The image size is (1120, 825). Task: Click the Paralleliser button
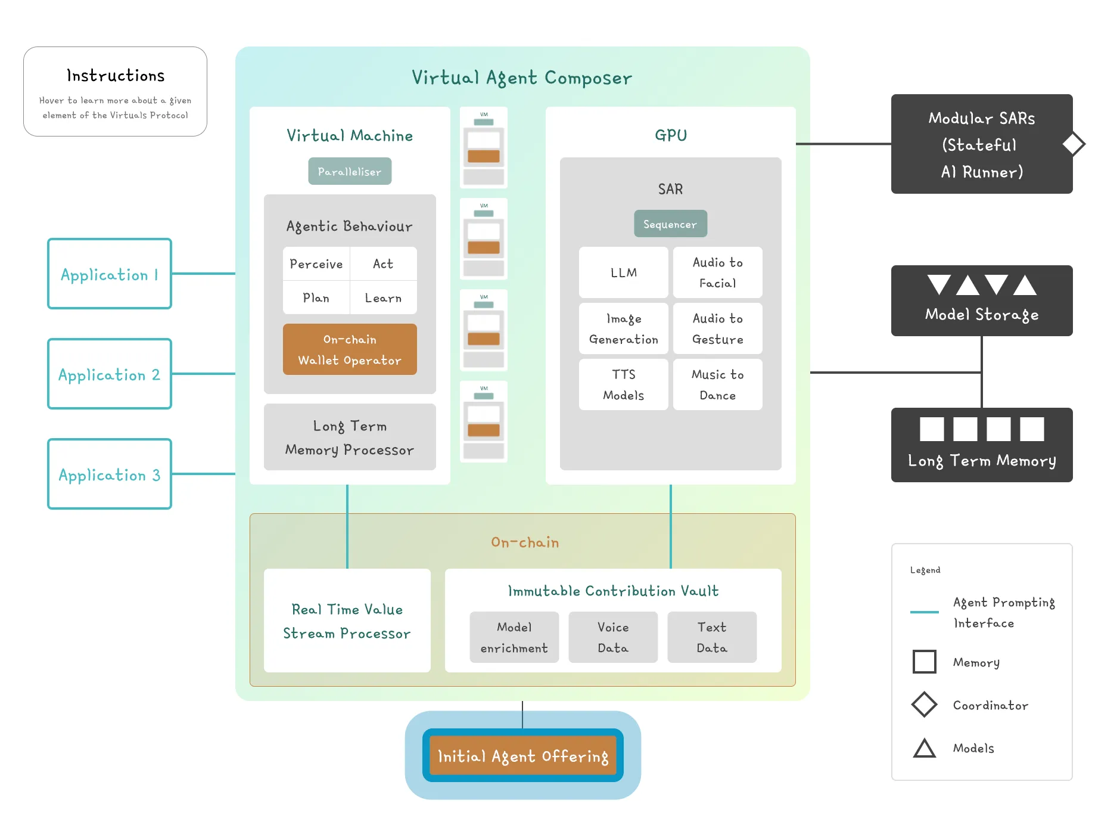pyautogui.click(x=350, y=172)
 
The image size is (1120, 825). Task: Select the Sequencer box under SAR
pyautogui.click(x=670, y=224)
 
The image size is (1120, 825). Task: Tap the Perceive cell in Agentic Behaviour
pyautogui.click(x=316, y=263)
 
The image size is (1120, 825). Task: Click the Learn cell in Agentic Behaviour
pyautogui.click(x=383, y=297)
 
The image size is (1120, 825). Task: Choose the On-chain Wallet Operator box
pyautogui.click(x=350, y=349)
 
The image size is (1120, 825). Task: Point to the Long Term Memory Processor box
pyautogui.click(x=350, y=438)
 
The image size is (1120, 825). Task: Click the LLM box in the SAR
pyautogui.click(x=623, y=272)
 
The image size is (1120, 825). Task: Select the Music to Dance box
pyautogui.click(x=717, y=384)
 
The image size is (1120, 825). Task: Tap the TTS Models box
pyautogui.click(x=623, y=384)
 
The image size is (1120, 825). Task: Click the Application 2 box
pyautogui.click(x=110, y=374)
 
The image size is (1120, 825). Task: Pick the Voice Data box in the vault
pyautogui.click(x=613, y=637)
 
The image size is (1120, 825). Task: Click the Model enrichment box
pyautogui.click(x=514, y=637)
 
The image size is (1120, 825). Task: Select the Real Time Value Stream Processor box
pyautogui.click(x=347, y=621)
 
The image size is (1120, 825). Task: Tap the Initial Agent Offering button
pyautogui.click(x=522, y=755)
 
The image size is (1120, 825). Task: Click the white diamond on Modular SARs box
pyautogui.click(x=1074, y=144)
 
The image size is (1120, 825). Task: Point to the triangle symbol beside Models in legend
pyautogui.click(x=925, y=749)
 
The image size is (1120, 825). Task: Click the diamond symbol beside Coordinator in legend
pyautogui.click(x=925, y=705)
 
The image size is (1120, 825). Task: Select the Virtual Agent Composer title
pyautogui.click(x=522, y=77)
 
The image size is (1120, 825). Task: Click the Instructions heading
pyautogui.click(x=116, y=76)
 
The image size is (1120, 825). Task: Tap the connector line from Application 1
pyautogui.click(x=203, y=274)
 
